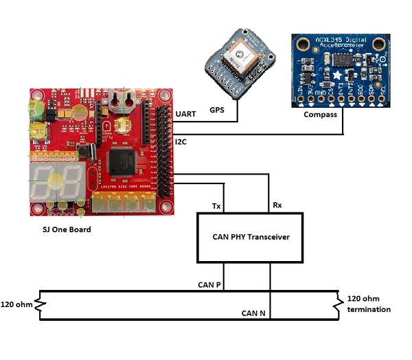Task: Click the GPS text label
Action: tap(216, 110)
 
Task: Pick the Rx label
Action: tap(277, 205)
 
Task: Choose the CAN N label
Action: tap(254, 313)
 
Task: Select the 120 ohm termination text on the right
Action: tap(369, 304)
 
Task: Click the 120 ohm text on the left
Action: tap(17, 304)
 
